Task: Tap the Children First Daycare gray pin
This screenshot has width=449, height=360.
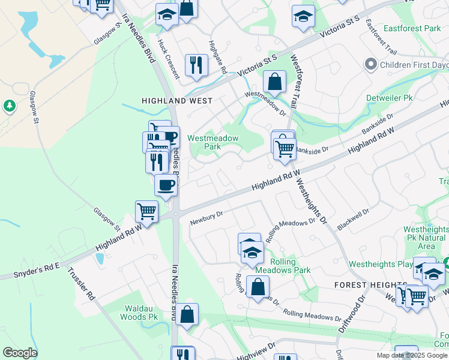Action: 370,64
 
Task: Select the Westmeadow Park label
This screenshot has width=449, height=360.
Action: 213,142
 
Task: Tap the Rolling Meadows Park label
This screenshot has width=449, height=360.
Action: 282,266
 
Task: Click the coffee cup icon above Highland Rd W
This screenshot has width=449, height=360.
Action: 166,185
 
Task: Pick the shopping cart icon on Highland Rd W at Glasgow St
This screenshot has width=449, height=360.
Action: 146,211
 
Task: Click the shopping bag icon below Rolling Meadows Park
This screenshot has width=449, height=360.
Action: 258,287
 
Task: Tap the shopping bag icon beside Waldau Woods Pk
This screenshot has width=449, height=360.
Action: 187,314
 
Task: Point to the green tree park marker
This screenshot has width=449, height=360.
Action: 9,106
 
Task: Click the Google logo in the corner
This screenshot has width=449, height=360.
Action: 19,353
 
